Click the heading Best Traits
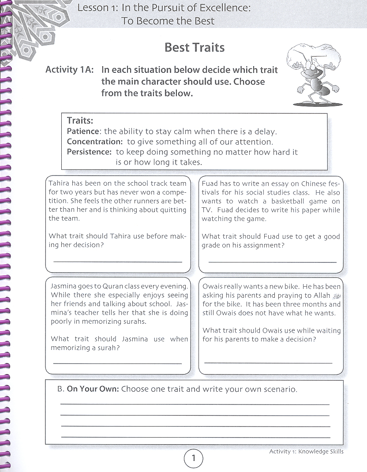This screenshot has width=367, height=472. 194,47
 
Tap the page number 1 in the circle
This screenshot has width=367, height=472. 193,458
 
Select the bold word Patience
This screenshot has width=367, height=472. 83,131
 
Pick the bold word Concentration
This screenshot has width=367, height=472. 94,142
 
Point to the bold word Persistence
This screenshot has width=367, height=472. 89,152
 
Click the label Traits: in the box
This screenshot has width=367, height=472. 80,120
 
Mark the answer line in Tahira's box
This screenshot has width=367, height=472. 117,262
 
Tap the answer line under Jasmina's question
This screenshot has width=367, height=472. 117,363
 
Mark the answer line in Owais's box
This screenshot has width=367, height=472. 268,363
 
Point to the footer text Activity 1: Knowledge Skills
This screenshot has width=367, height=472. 306,451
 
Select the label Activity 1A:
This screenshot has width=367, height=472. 69,70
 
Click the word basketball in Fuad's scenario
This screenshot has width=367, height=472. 292,201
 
